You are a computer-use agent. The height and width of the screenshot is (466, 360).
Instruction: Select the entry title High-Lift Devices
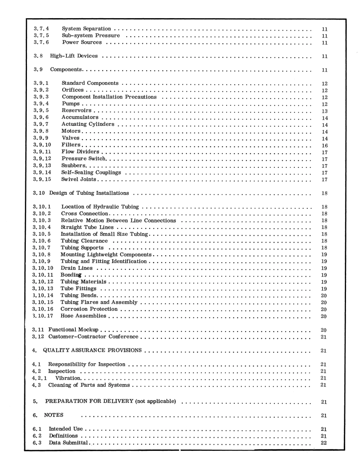click(x=74, y=56)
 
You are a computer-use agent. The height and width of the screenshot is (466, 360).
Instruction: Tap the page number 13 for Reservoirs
click(x=324, y=111)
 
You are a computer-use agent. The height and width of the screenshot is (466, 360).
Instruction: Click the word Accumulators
click(x=80, y=117)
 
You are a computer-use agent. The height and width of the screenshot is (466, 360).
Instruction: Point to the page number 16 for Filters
click(x=324, y=145)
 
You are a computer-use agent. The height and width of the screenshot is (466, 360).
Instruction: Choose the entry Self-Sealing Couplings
click(x=91, y=172)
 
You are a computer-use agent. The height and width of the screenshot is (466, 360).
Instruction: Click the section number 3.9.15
click(x=42, y=179)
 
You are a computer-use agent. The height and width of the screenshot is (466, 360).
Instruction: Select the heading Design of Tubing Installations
click(x=89, y=193)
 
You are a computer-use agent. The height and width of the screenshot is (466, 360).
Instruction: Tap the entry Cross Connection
click(x=85, y=213)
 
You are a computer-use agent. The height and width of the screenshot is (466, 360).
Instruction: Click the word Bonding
click(x=71, y=275)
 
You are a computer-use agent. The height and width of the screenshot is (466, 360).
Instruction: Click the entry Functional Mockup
click(x=73, y=330)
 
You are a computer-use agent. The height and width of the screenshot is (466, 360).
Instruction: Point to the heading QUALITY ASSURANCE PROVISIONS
click(x=92, y=350)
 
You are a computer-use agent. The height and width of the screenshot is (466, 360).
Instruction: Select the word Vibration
click(x=68, y=378)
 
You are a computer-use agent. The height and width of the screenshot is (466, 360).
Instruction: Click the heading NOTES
click(x=54, y=415)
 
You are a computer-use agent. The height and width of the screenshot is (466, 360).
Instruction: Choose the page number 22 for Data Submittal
click(x=324, y=443)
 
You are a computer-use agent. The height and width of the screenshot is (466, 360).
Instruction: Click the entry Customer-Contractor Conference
click(x=93, y=336)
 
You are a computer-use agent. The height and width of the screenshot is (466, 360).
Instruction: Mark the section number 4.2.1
click(x=39, y=378)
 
